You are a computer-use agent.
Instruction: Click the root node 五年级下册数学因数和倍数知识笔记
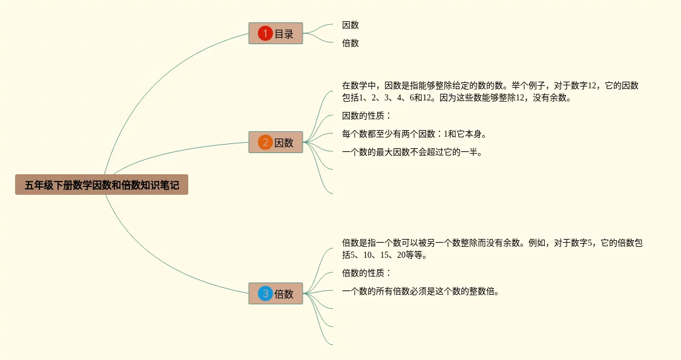[102, 185]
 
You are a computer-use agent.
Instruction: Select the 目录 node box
[275, 33]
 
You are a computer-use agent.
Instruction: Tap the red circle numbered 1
[265, 33]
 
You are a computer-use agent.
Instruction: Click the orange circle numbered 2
[265, 143]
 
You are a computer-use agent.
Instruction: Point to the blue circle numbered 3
[265, 294]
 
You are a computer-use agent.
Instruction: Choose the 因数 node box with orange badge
[275, 143]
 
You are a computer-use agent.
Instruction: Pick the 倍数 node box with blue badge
[275, 294]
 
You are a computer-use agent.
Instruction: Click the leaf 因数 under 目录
[350, 25]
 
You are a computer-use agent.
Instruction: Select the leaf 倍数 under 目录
[350, 43]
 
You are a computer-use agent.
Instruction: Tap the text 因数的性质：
[367, 116]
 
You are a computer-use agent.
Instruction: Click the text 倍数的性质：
[367, 273]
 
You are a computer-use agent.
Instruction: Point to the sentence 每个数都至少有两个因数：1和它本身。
[414, 134]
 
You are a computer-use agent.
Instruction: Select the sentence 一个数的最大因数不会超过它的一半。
[412, 152]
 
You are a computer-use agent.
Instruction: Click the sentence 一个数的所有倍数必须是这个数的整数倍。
[421, 291]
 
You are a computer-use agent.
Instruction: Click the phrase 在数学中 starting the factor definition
[359, 85]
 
